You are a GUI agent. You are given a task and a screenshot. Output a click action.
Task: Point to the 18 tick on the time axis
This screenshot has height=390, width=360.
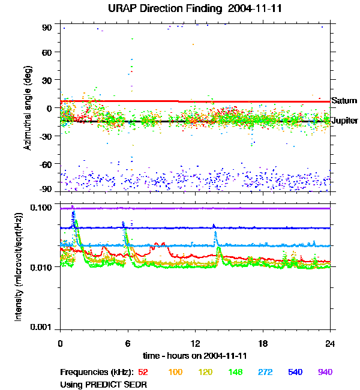263,343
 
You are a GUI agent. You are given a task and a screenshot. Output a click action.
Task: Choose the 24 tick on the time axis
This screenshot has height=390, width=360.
331,343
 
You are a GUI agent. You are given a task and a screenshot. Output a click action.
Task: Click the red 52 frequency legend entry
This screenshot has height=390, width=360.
144,372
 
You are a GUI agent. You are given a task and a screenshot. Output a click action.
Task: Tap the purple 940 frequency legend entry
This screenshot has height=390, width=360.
325,372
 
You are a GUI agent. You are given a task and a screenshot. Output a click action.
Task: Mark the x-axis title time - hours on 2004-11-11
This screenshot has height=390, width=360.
195,356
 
